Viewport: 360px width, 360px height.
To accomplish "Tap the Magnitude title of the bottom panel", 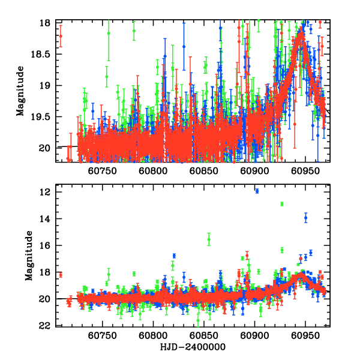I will [28, 258].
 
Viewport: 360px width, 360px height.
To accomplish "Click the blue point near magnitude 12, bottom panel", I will [257, 191].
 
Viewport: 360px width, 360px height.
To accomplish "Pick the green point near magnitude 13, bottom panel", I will [281, 204].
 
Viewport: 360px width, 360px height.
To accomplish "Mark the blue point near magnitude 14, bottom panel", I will [305, 218].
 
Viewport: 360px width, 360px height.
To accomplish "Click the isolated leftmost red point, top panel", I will [61, 36].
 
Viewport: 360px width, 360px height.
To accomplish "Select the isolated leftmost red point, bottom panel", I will [61, 275].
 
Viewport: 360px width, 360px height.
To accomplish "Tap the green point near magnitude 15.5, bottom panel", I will [209, 240].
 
